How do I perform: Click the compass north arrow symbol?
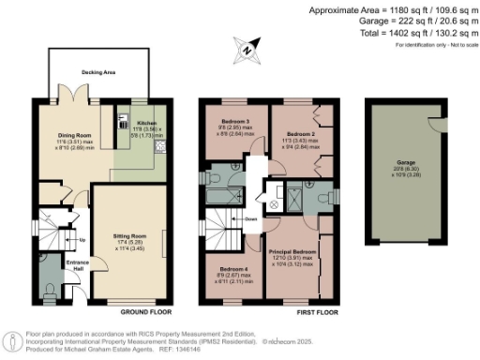[245, 47]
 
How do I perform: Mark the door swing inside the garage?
[432, 122]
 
